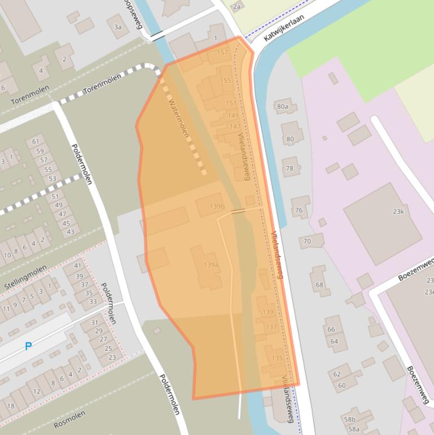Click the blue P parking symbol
pyautogui.click(x=28, y=346)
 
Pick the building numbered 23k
pyautogui.click(x=398, y=211)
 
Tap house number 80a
pyautogui.click(x=283, y=106)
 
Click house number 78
pyautogui.click(x=290, y=168)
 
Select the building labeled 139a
pyautogui.click(x=211, y=265)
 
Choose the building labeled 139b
pyautogui.click(x=217, y=207)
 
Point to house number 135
pyautogui.click(x=277, y=358)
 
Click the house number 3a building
pyautogui.click(x=118, y=27)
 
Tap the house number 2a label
pyautogui.click(x=236, y=7)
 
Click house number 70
pyautogui.click(x=307, y=241)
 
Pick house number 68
pyautogui.click(x=319, y=285)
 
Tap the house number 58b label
pyautogui.click(x=350, y=419)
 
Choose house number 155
pyautogui.click(x=225, y=81)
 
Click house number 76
pyautogui.click(x=299, y=210)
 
